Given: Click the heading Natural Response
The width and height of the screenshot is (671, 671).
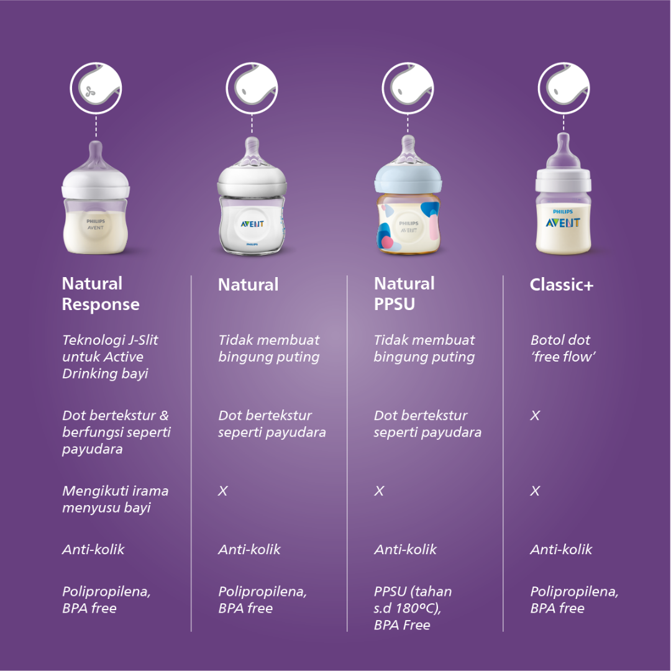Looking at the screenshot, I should tap(101, 294).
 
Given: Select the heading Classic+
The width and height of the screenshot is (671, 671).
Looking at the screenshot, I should tap(562, 285).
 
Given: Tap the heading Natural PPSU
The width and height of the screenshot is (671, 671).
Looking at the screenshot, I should tap(404, 294).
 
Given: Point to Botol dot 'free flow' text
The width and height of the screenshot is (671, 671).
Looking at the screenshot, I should tap(560, 349).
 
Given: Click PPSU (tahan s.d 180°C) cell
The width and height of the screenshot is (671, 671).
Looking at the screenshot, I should tap(413, 608).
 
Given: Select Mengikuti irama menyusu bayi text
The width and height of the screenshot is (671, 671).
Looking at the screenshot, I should tap(115, 499).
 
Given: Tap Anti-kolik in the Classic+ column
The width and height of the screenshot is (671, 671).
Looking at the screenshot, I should tap(561, 549).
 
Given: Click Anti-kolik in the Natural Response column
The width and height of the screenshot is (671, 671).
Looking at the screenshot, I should tap(93, 549).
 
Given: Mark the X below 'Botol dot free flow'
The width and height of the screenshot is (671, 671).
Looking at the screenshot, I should tap(535, 416).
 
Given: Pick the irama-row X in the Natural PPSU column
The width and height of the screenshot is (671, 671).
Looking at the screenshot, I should tap(379, 491).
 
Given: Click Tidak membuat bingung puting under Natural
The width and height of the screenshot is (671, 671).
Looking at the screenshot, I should tap(268, 349).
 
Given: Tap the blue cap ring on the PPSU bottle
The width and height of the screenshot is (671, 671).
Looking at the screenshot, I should tap(408, 181).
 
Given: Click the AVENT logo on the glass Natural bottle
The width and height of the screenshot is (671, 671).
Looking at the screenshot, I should tap(252, 224).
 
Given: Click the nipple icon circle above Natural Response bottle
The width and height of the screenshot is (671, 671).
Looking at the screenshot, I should tap(96, 88).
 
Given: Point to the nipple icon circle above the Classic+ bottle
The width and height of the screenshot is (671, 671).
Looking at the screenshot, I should tap(563, 88).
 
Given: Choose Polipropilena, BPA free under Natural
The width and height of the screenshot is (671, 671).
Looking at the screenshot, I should tap(262, 600).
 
